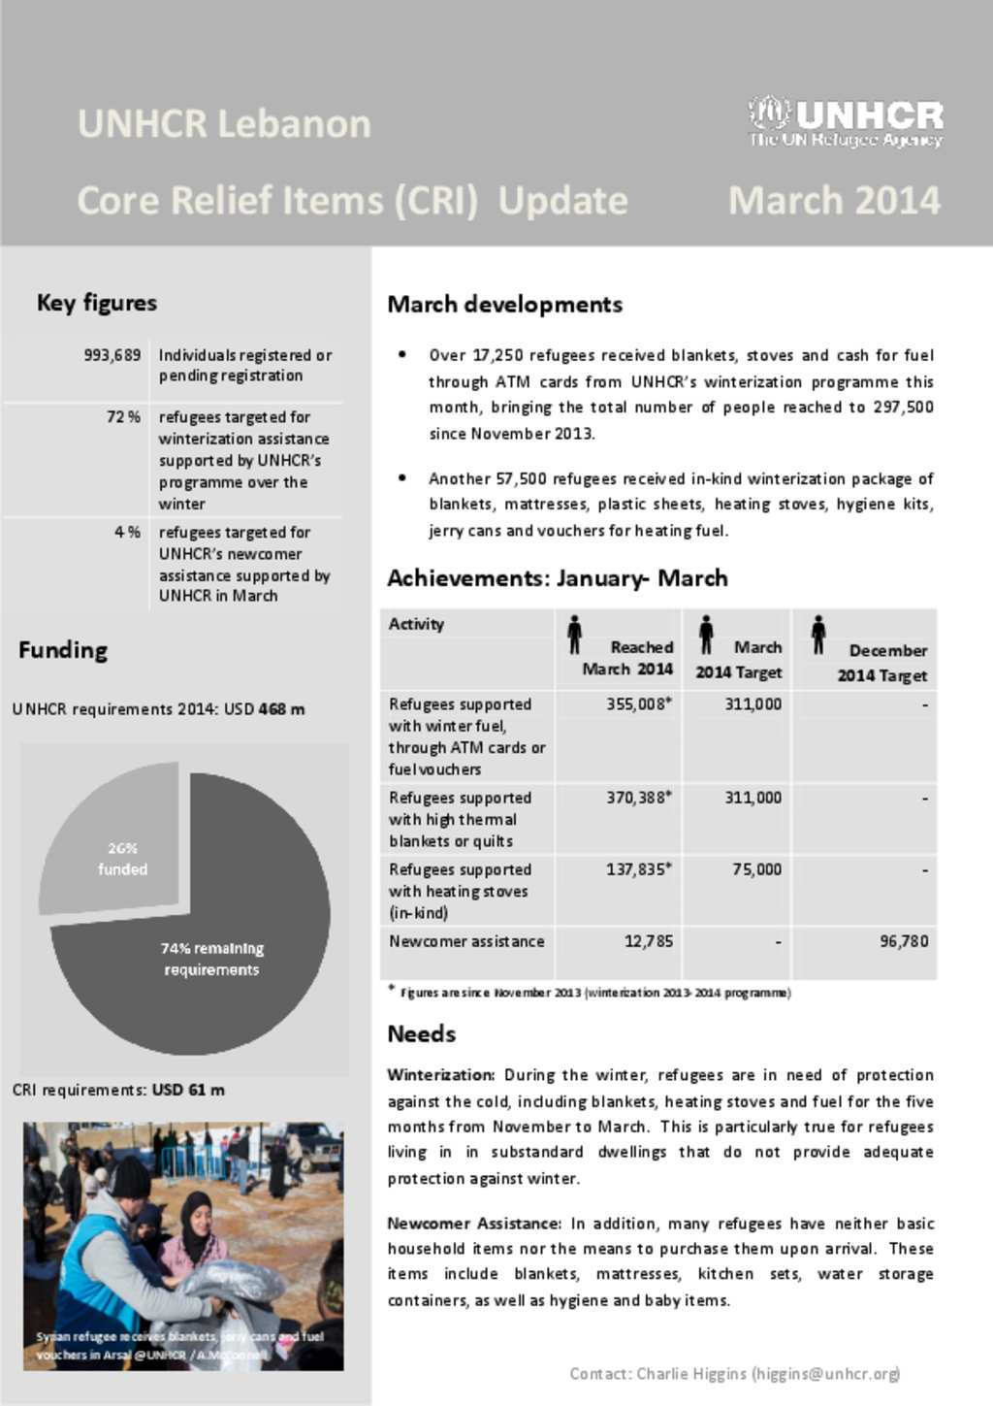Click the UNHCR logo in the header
845,122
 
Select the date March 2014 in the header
834,201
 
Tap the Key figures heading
97,303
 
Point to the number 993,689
112,355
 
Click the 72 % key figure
123,417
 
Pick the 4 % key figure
127,533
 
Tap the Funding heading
63,650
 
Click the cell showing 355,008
638,704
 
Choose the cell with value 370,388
638,798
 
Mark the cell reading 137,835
638,869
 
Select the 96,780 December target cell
903,941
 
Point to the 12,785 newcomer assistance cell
648,941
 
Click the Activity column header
416,624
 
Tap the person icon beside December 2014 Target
818,635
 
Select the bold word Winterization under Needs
440,1075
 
